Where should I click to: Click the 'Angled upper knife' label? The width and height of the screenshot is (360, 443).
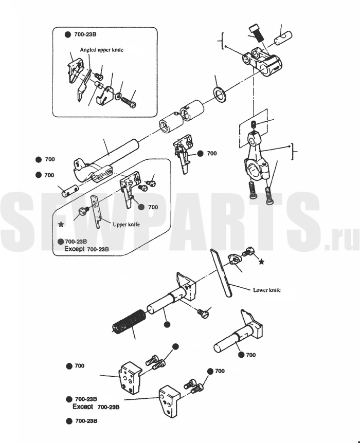pos(101,50)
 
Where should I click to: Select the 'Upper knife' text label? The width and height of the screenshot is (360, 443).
pos(126,224)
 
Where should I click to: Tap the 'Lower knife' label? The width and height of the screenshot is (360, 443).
pos(267,290)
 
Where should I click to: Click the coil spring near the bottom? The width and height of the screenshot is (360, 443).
pos(129,321)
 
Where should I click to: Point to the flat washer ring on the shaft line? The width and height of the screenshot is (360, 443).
pos(219,95)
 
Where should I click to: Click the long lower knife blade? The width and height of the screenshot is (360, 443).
pos(221,273)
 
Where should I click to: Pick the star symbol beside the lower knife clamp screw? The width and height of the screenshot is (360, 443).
pos(262,262)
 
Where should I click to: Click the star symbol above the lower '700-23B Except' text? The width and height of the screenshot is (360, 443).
pos(61,224)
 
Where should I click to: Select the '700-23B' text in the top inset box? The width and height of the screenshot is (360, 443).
pos(85,34)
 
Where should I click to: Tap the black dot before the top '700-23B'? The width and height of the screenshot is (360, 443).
pos(68,34)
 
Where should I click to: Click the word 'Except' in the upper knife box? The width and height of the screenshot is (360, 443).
pos(75,249)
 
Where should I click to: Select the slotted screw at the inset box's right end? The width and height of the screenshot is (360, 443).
pos(129,101)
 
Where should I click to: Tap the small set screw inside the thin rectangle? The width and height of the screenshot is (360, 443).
pos(254,124)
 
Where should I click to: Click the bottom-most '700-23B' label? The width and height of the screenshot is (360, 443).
pos(86,421)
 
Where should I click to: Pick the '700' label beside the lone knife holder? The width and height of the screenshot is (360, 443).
pos(212,154)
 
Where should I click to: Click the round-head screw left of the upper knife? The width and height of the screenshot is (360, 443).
pos(83,211)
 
